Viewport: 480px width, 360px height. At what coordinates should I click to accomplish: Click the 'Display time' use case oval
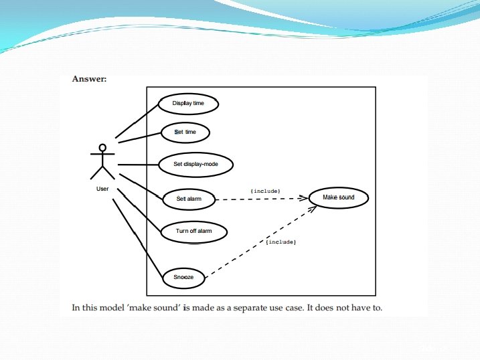pos(189,104)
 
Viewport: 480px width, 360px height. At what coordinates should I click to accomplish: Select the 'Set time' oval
pos(185,132)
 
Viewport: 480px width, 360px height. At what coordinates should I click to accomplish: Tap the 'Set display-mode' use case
pos(195,164)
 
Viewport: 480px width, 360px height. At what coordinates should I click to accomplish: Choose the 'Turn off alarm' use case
pos(193,232)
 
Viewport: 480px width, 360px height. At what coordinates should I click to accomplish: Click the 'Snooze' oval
pos(183,277)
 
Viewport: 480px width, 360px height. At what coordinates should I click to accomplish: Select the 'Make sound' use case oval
pos(338,197)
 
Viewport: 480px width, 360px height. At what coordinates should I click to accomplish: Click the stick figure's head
pos(102,147)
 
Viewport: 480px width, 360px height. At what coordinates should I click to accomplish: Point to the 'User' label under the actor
pos(102,189)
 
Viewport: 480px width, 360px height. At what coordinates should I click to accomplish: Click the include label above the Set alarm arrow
pos(264,191)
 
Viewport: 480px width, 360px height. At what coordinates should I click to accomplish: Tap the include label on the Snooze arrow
pos(281,242)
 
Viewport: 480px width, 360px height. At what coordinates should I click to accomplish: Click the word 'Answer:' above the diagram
pos(89,80)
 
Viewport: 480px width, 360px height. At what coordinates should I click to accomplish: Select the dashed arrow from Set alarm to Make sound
pos(261,199)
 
